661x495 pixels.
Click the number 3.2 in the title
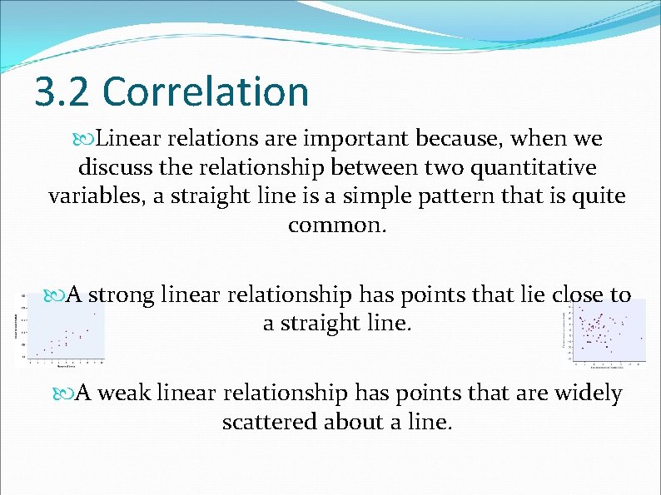(x=62, y=92)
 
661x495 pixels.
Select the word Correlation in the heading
(x=206, y=92)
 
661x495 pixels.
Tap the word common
(x=337, y=225)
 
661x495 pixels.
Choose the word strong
(x=121, y=295)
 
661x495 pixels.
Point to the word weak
(x=122, y=393)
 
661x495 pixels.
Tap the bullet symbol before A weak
(x=64, y=394)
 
